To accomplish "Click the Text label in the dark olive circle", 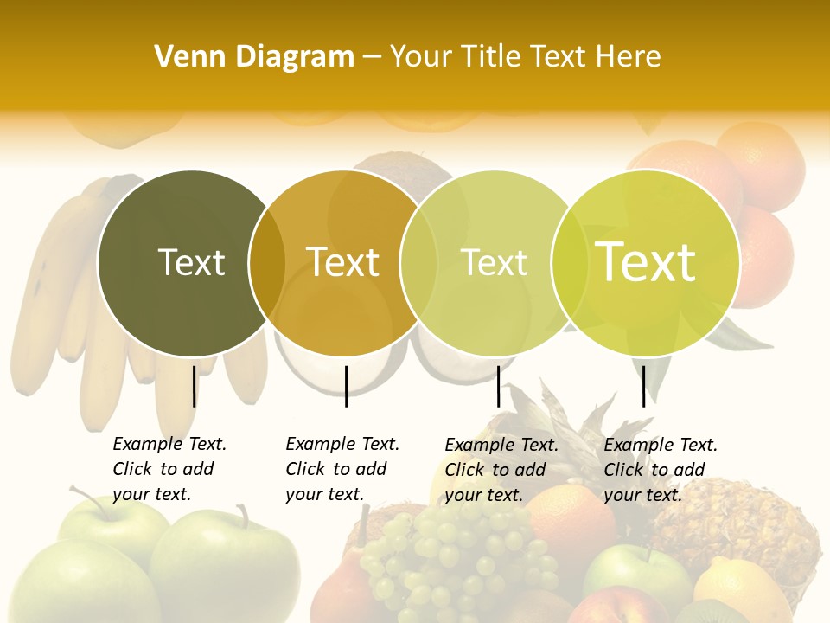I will coord(191,262).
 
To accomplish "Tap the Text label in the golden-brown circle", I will coord(342,262).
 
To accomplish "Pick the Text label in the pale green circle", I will coord(494,262).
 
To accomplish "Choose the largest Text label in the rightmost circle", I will coord(645,262).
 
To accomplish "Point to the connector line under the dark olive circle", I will coord(194,386).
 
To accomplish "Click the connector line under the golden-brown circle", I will coord(346,386).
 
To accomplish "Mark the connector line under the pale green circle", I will coord(498,386).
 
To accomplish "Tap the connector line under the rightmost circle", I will coord(643,386).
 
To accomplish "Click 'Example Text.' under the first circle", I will coord(169,444).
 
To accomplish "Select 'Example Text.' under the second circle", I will coord(342,444).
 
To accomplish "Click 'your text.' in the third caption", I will coord(483,495).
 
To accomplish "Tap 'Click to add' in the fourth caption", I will coord(654,470).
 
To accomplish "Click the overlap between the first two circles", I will coord(267,262).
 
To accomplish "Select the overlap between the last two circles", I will coord(570,262).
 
